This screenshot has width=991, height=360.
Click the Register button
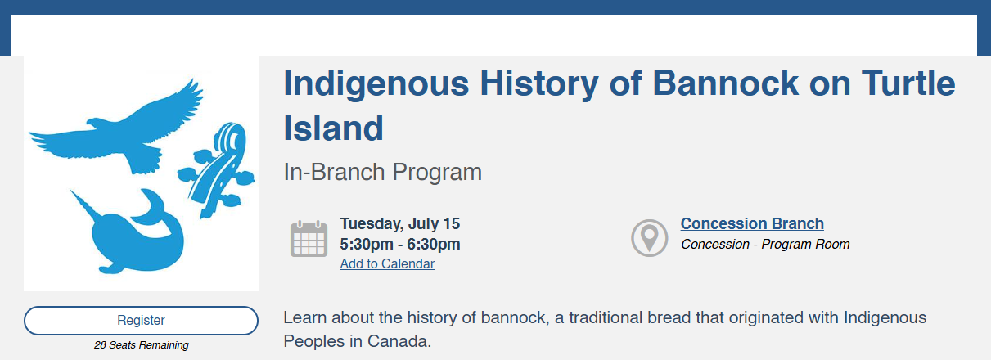tap(141, 320)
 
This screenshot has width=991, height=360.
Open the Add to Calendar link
tap(387, 263)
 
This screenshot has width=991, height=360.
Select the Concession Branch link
tap(752, 223)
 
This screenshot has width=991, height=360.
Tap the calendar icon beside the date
tap(309, 238)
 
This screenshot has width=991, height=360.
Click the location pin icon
tap(650, 238)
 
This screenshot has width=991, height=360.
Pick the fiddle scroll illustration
tap(218, 170)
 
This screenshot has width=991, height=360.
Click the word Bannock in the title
tap(726, 83)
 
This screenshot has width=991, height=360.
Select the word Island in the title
tap(333, 128)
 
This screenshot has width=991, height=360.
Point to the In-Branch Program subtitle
tap(383, 172)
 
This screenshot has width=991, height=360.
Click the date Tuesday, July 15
tap(400, 224)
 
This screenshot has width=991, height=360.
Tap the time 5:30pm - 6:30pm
tap(400, 244)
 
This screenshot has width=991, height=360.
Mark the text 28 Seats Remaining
tap(141, 345)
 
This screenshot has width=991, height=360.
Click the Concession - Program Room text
tap(765, 244)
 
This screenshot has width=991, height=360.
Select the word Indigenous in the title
tap(376, 84)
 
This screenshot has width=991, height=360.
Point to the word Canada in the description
tap(399, 341)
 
